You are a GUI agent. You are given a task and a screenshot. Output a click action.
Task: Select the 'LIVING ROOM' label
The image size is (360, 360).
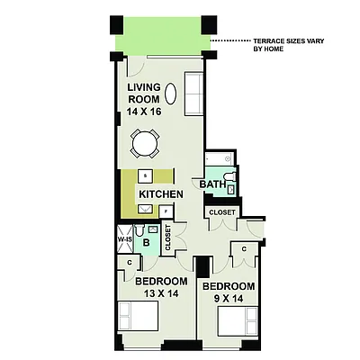tap(144, 94)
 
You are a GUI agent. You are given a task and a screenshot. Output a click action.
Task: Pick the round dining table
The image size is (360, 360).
tap(146, 143)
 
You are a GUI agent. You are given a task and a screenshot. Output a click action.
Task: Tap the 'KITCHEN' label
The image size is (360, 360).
tap(161, 194)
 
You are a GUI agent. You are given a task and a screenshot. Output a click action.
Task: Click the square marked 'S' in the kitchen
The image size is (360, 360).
tap(145, 175)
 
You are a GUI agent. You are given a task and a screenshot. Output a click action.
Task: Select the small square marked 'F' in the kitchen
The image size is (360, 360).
tap(166, 211)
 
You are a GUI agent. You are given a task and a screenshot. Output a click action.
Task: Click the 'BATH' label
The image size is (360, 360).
tap(212, 184)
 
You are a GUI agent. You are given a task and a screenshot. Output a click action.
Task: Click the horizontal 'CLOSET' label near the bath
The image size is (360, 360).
tap(221, 212)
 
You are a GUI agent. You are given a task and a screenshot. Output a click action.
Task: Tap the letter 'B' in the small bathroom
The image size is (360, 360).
tap(145, 242)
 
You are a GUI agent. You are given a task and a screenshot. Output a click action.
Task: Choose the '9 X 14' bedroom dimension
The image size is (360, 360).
tap(229, 299)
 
